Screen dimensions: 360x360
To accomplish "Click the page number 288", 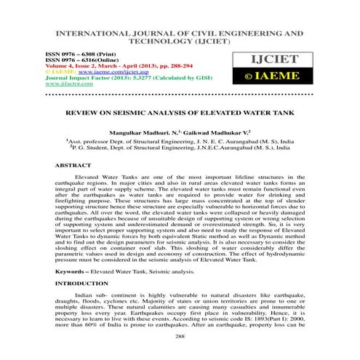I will pos(180,337).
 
